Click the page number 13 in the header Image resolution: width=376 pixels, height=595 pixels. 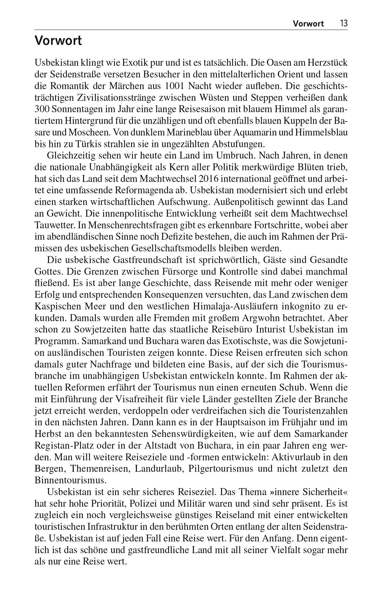(343, 23)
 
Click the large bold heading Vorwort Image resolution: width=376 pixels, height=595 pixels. (58, 41)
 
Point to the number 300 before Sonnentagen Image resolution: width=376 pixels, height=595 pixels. (41, 109)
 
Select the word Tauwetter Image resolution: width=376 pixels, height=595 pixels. (54, 225)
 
